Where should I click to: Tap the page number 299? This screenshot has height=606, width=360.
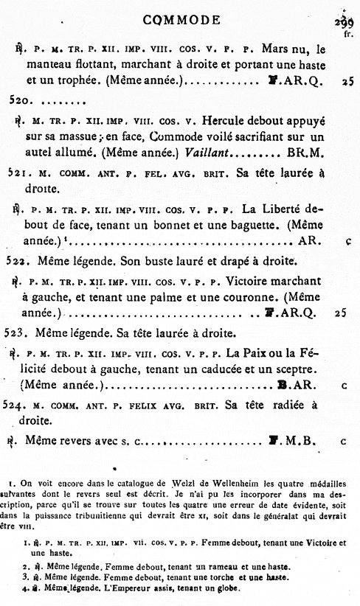[x=344, y=22]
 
